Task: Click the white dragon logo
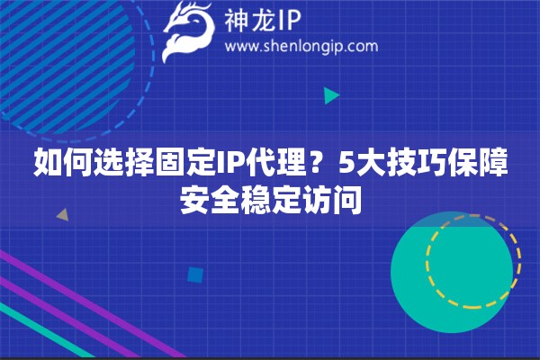[188, 31]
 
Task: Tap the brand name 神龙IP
[263, 21]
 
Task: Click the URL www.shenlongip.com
[301, 47]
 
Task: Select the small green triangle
[331, 95]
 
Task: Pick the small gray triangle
[63, 215]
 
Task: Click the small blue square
[195, 274]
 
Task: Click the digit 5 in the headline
[346, 162]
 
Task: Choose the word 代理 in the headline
[280, 162]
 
